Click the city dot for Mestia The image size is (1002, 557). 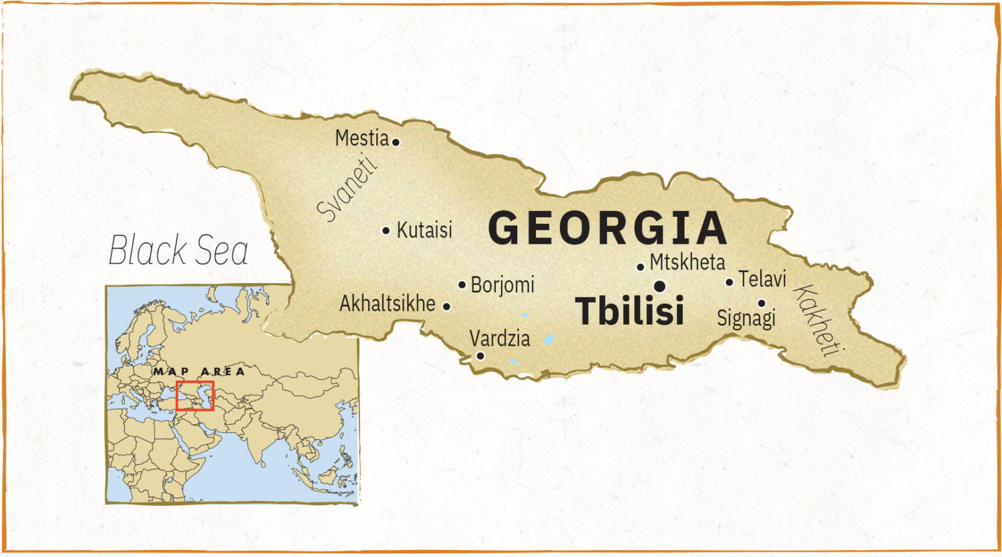tap(396, 142)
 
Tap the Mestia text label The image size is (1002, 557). tap(362, 138)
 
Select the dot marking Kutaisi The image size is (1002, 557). tap(386, 231)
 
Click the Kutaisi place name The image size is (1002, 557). tap(424, 230)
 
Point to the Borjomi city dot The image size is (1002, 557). tap(462, 284)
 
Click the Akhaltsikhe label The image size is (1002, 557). tap(387, 304)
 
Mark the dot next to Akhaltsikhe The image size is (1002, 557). tap(447, 306)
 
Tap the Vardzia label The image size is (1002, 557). tap(500, 339)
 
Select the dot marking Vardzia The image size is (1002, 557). tap(480, 356)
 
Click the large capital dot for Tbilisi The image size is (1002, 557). tap(659, 286)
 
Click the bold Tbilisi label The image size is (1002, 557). tap(629, 311)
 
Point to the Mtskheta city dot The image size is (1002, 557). tap(640, 267)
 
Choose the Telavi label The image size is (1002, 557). tap(762, 279)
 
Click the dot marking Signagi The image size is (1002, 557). tap(762, 303)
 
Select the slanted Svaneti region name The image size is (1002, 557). tap(348, 188)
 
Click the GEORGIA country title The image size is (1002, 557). tap(607, 228)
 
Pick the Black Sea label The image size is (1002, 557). tap(178, 251)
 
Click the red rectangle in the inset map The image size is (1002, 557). tap(195, 395)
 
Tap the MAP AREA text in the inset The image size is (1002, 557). tap(199, 371)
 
